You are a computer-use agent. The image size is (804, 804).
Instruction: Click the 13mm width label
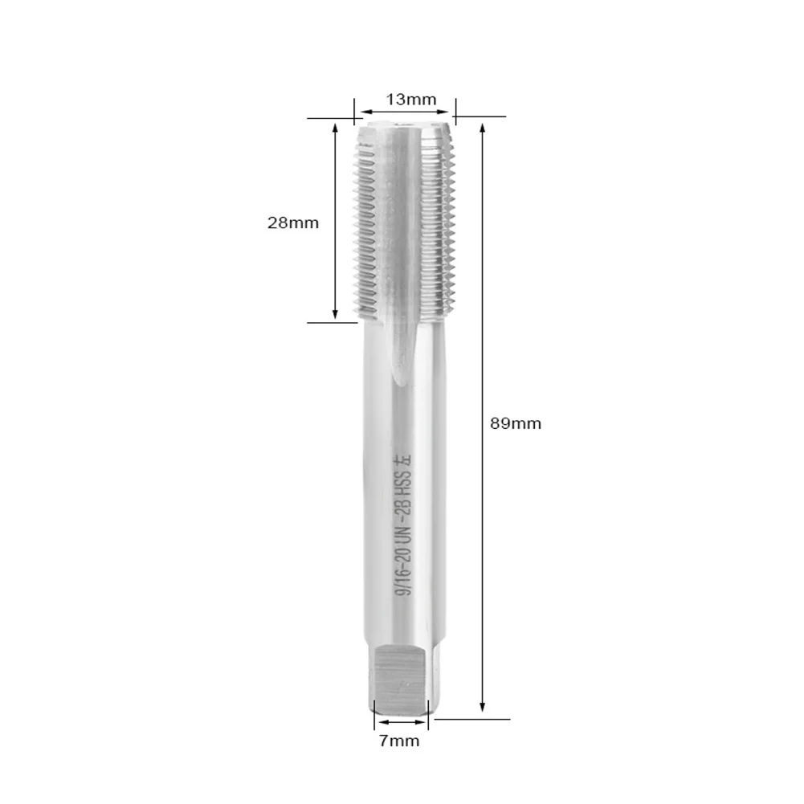pos(410,100)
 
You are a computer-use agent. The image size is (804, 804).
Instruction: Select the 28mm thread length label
pos(293,223)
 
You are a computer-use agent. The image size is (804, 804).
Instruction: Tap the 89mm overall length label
pos(516,423)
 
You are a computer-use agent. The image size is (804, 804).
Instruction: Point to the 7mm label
pos(399,741)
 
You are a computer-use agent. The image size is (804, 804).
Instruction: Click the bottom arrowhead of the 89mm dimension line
pos(482,711)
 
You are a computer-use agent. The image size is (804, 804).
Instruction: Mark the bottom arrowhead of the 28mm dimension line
pos(335,315)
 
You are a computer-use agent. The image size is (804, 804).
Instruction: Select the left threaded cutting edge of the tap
pos(366,225)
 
